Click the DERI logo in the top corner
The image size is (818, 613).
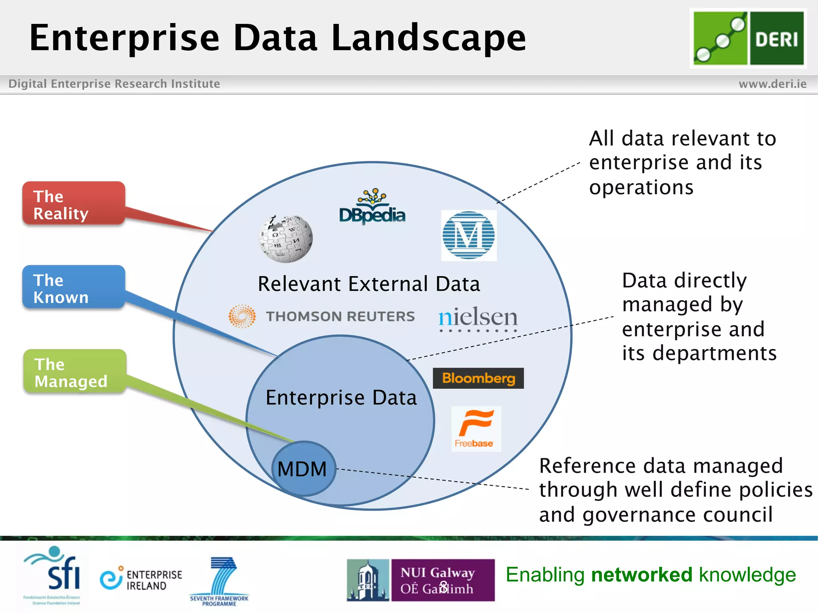(748, 38)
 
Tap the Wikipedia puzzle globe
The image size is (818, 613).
(285, 239)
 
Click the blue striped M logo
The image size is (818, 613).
(469, 235)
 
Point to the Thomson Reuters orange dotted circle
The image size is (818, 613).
(242, 316)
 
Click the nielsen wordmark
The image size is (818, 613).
(478, 318)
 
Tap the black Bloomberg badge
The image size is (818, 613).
(478, 378)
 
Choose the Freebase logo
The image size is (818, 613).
(476, 429)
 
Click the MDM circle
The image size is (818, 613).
(303, 469)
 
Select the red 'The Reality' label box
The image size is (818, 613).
(74, 204)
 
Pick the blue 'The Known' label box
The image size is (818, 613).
(74, 287)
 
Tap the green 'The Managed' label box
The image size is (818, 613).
(75, 372)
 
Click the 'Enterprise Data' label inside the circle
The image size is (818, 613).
(341, 397)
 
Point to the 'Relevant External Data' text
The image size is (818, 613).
(369, 284)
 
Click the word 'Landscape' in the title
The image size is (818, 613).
(429, 38)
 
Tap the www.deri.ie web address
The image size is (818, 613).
(772, 84)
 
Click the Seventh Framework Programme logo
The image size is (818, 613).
(220, 581)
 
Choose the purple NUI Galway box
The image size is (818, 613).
(443, 580)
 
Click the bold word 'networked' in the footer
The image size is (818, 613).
(641, 575)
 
